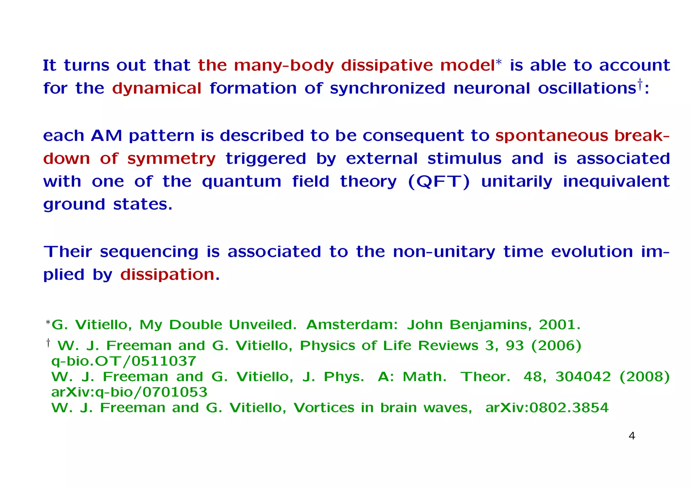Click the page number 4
(632, 436)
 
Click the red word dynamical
(157, 89)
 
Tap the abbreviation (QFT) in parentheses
(439, 182)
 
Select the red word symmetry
(171, 159)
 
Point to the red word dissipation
(167, 275)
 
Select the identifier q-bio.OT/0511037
(123, 361)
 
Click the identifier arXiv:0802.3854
(547, 408)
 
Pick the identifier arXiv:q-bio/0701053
(129, 392)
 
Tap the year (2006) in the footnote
(556, 346)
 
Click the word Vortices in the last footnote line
(324, 408)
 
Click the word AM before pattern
(106, 136)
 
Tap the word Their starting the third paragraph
(68, 252)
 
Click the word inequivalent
(616, 182)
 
